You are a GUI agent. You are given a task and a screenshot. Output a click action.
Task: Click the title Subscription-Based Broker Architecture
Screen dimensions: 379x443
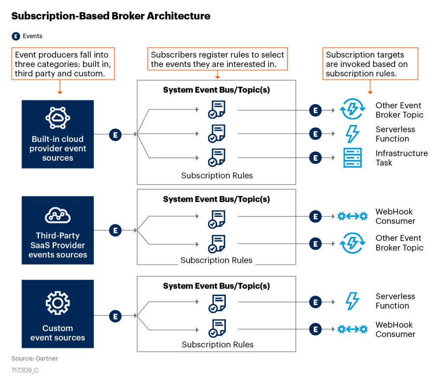(x=110, y=16)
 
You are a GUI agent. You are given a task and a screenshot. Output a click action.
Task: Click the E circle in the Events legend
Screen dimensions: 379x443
(x=16, y=36)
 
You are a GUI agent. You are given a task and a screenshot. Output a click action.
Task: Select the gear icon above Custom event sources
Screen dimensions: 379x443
(x=58, y=303)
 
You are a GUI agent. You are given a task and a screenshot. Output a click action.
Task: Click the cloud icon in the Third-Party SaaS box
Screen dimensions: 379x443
(x=58, y=215)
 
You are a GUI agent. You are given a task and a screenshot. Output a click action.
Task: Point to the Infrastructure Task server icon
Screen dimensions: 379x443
(x=352, y=158)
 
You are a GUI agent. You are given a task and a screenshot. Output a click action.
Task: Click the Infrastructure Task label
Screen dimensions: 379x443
(x=401, y=158)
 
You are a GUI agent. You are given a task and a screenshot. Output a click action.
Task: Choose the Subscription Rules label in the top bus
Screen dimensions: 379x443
(x=217, y=175)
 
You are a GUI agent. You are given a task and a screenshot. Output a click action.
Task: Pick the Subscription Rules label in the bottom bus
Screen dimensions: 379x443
(x=218, y=344)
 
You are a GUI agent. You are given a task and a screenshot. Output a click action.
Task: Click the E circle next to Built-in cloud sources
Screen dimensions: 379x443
(x=115, y=135)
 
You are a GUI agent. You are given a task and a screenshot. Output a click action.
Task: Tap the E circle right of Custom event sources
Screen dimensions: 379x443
(x=115, y=316)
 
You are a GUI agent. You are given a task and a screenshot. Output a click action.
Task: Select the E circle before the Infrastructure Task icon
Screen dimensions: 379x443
(x=315, y=158)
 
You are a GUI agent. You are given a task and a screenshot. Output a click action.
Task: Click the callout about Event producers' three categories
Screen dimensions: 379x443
(x=63, y=64)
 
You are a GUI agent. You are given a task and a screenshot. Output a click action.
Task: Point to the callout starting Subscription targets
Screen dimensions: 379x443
(x=370, y=64)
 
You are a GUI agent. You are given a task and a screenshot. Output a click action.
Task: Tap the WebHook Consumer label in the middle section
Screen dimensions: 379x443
(x=395, y=217)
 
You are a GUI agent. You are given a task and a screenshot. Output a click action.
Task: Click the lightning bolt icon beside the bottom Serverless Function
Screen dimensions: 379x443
(x=352, y=301)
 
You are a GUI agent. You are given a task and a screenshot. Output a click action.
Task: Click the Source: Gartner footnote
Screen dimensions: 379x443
(x=35, y=358)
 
